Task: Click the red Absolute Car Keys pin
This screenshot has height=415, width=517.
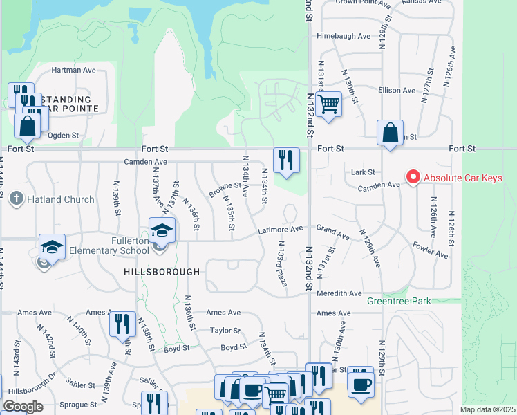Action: pyautogui.click(x=413, y=178)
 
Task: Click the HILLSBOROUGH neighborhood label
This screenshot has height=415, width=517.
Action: pyautogui.click(x=162, y=272)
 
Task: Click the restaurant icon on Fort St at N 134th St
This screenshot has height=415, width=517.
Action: pyautogui.click(x=285, y=160)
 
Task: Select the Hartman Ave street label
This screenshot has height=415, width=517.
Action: pyautogui.click(x=73, y=71)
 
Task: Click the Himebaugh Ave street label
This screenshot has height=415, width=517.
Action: pyautogui.click(x=340, y=36)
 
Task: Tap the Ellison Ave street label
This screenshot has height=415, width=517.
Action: pyautogui.click(x=395, y=91)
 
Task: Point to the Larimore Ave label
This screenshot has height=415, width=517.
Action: pyautogui.click(x=281, y=229)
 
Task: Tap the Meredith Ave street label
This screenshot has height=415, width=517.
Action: pyautogui.click(x=337, y=293)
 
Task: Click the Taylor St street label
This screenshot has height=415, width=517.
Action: pyautogui.click(x=225, y=331)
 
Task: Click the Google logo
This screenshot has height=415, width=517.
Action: pyautogui.click(x=23, y=407)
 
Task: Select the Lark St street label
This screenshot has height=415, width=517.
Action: pyautogui.click(x=362, y=172)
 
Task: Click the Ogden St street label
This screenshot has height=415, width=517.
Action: pyautogui.click(x=65, y=136)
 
